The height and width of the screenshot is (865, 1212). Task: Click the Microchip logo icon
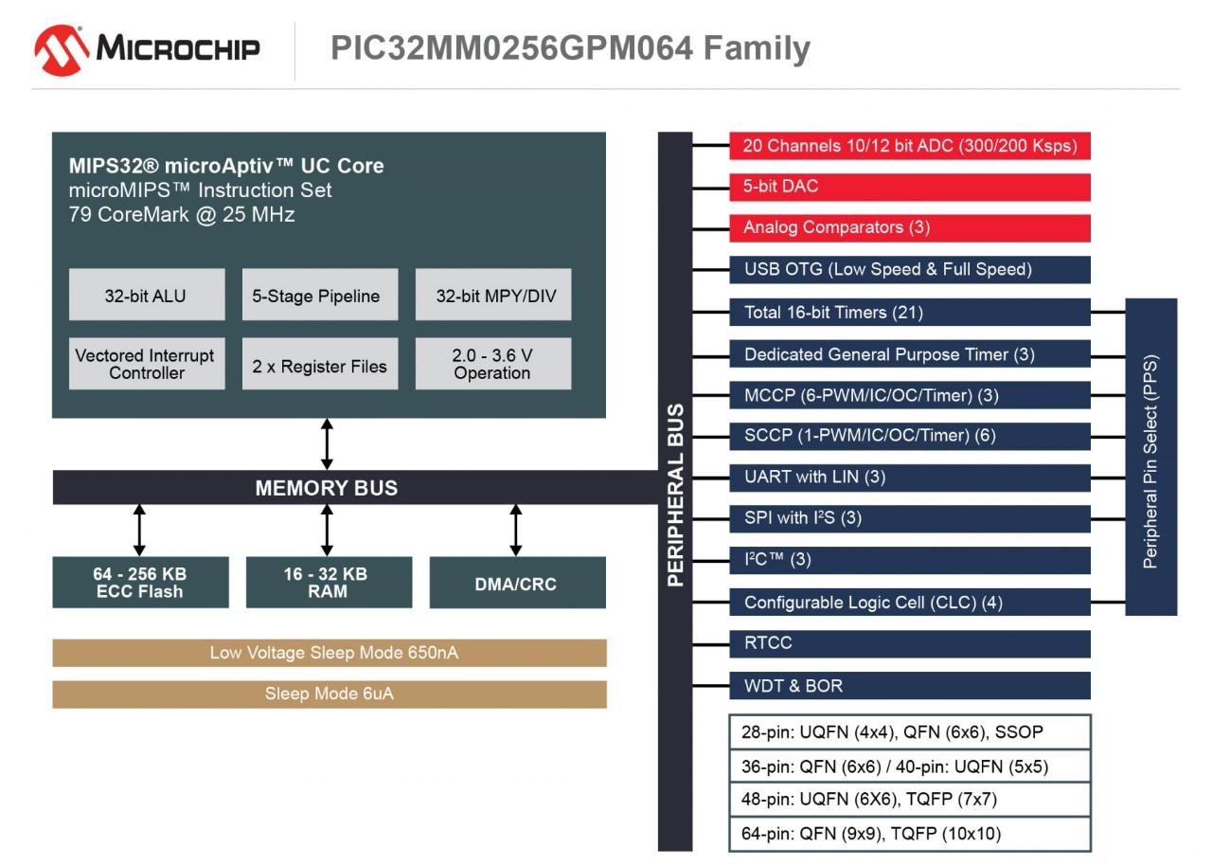tap(62, 49)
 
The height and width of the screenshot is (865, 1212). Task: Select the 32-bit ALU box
tap(147, 295)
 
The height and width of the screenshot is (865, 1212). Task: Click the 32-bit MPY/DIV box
tap(493, 295)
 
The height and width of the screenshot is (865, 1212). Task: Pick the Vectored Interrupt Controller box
tap(147, 364)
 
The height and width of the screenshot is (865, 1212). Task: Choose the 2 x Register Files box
tap(320, 364)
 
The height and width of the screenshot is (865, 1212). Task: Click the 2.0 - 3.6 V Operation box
tap(493, 364)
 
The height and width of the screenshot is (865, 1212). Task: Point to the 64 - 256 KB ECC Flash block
tap(140, 582)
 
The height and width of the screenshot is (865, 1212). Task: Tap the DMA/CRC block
tap(517, 582)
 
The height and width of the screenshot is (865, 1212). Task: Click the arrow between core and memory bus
tap(327, 444)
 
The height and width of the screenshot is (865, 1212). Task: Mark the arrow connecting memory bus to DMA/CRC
tap(516, 530)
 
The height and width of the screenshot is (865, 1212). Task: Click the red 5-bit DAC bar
tap(910, 187)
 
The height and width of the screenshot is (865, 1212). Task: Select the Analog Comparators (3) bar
tap(910, 227)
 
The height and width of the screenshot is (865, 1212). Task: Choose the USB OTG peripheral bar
tap(910, 269)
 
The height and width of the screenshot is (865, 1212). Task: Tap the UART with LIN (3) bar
tap(910, 477)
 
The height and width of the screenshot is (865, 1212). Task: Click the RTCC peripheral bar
tap(910, 643)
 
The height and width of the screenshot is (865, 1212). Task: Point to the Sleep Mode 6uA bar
tap(329, 694)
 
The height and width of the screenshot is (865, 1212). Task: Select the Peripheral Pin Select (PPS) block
tap(1150, 457)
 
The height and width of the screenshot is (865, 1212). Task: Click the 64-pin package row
tap(910, 834)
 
